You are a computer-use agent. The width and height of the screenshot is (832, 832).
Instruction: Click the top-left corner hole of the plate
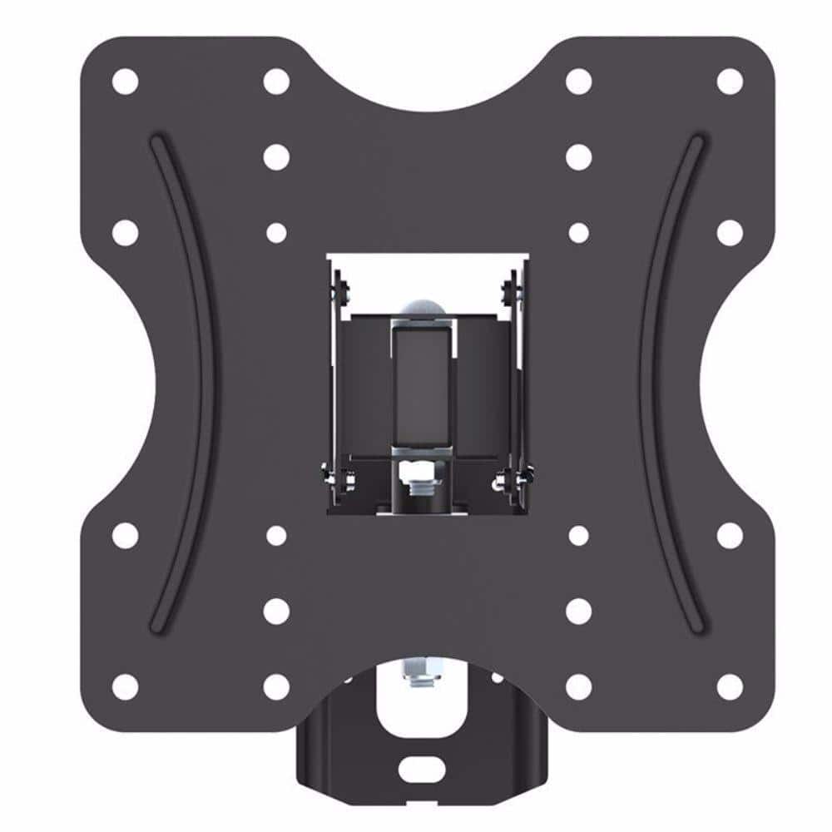coord(125,82)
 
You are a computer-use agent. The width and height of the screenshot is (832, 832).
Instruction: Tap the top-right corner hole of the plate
coord(730,82)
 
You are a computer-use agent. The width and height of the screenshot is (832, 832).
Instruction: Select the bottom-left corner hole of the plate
coord(125,686)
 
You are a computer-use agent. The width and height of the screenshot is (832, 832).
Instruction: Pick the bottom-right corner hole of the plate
coord(730,686)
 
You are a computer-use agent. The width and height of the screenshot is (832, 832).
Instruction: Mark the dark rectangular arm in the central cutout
coord(424,383)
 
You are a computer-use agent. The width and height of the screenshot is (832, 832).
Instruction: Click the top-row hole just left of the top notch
coord(276,82)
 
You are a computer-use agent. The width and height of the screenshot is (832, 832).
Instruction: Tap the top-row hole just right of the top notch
coord(578,82)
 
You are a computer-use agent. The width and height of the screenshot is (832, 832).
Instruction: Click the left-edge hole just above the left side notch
coord(125,232)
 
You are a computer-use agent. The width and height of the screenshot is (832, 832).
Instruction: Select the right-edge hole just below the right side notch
coord(730,535)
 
